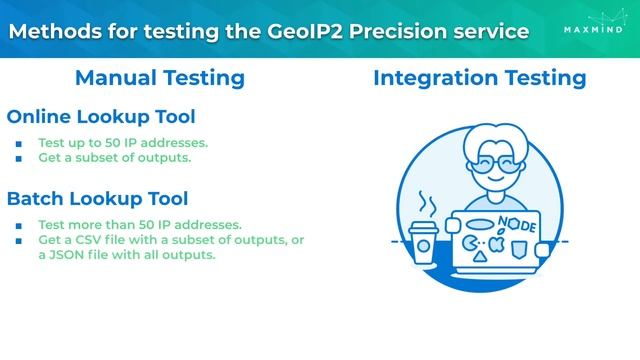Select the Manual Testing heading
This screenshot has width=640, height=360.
pyautogui.click(x=160, y=78)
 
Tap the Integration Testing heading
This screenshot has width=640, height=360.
pyautogui.click(x=479, y=78)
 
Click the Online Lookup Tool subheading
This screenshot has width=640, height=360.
pyautogui.click(x=101, y=116)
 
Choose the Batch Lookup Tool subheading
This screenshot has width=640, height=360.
pyautogui.click(x=97, y=199)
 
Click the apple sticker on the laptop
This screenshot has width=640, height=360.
pyautogui.click(x=496, y=243)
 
